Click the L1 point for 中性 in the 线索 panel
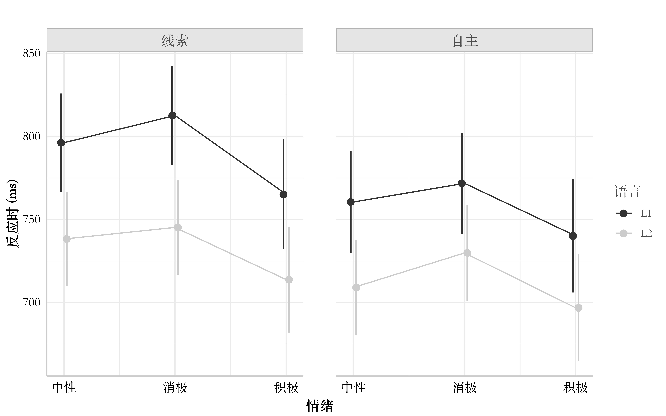coord(61,143)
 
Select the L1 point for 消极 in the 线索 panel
coord(172,116)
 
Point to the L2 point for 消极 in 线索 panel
coord(178,227)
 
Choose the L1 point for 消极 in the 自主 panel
coord(462,183)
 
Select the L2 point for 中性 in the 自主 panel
coord(356,288)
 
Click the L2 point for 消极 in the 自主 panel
coord(467,253)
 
